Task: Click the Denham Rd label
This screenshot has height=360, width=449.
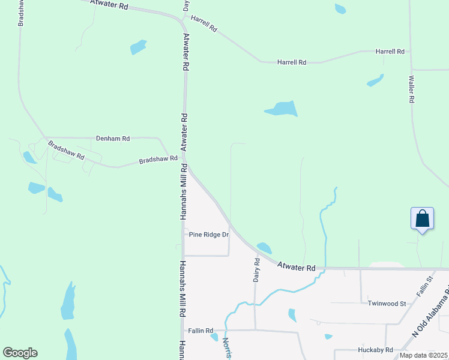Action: click(113, 139)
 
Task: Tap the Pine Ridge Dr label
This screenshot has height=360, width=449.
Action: click(209, 235)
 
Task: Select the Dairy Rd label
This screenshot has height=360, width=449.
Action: click(256, 271)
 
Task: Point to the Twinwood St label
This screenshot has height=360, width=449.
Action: click(387, 304)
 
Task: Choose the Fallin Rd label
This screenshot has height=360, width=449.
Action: click(200, 331)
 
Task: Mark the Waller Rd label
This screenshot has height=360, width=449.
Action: click(412, 89)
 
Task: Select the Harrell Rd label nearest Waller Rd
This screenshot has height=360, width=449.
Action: click(390, 52)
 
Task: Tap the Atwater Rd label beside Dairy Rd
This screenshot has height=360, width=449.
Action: click(296, 266)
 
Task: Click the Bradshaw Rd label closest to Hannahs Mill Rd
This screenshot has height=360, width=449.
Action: click(158, 160)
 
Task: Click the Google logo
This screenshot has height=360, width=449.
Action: click(20, 353)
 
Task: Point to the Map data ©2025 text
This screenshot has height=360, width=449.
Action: click(423, 355)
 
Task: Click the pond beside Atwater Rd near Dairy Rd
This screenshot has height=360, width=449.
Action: click(264, 247)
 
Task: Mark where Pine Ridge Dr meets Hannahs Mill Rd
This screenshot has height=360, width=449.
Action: click(184, 235)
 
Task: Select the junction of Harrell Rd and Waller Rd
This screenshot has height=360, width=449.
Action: click(411, 52)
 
